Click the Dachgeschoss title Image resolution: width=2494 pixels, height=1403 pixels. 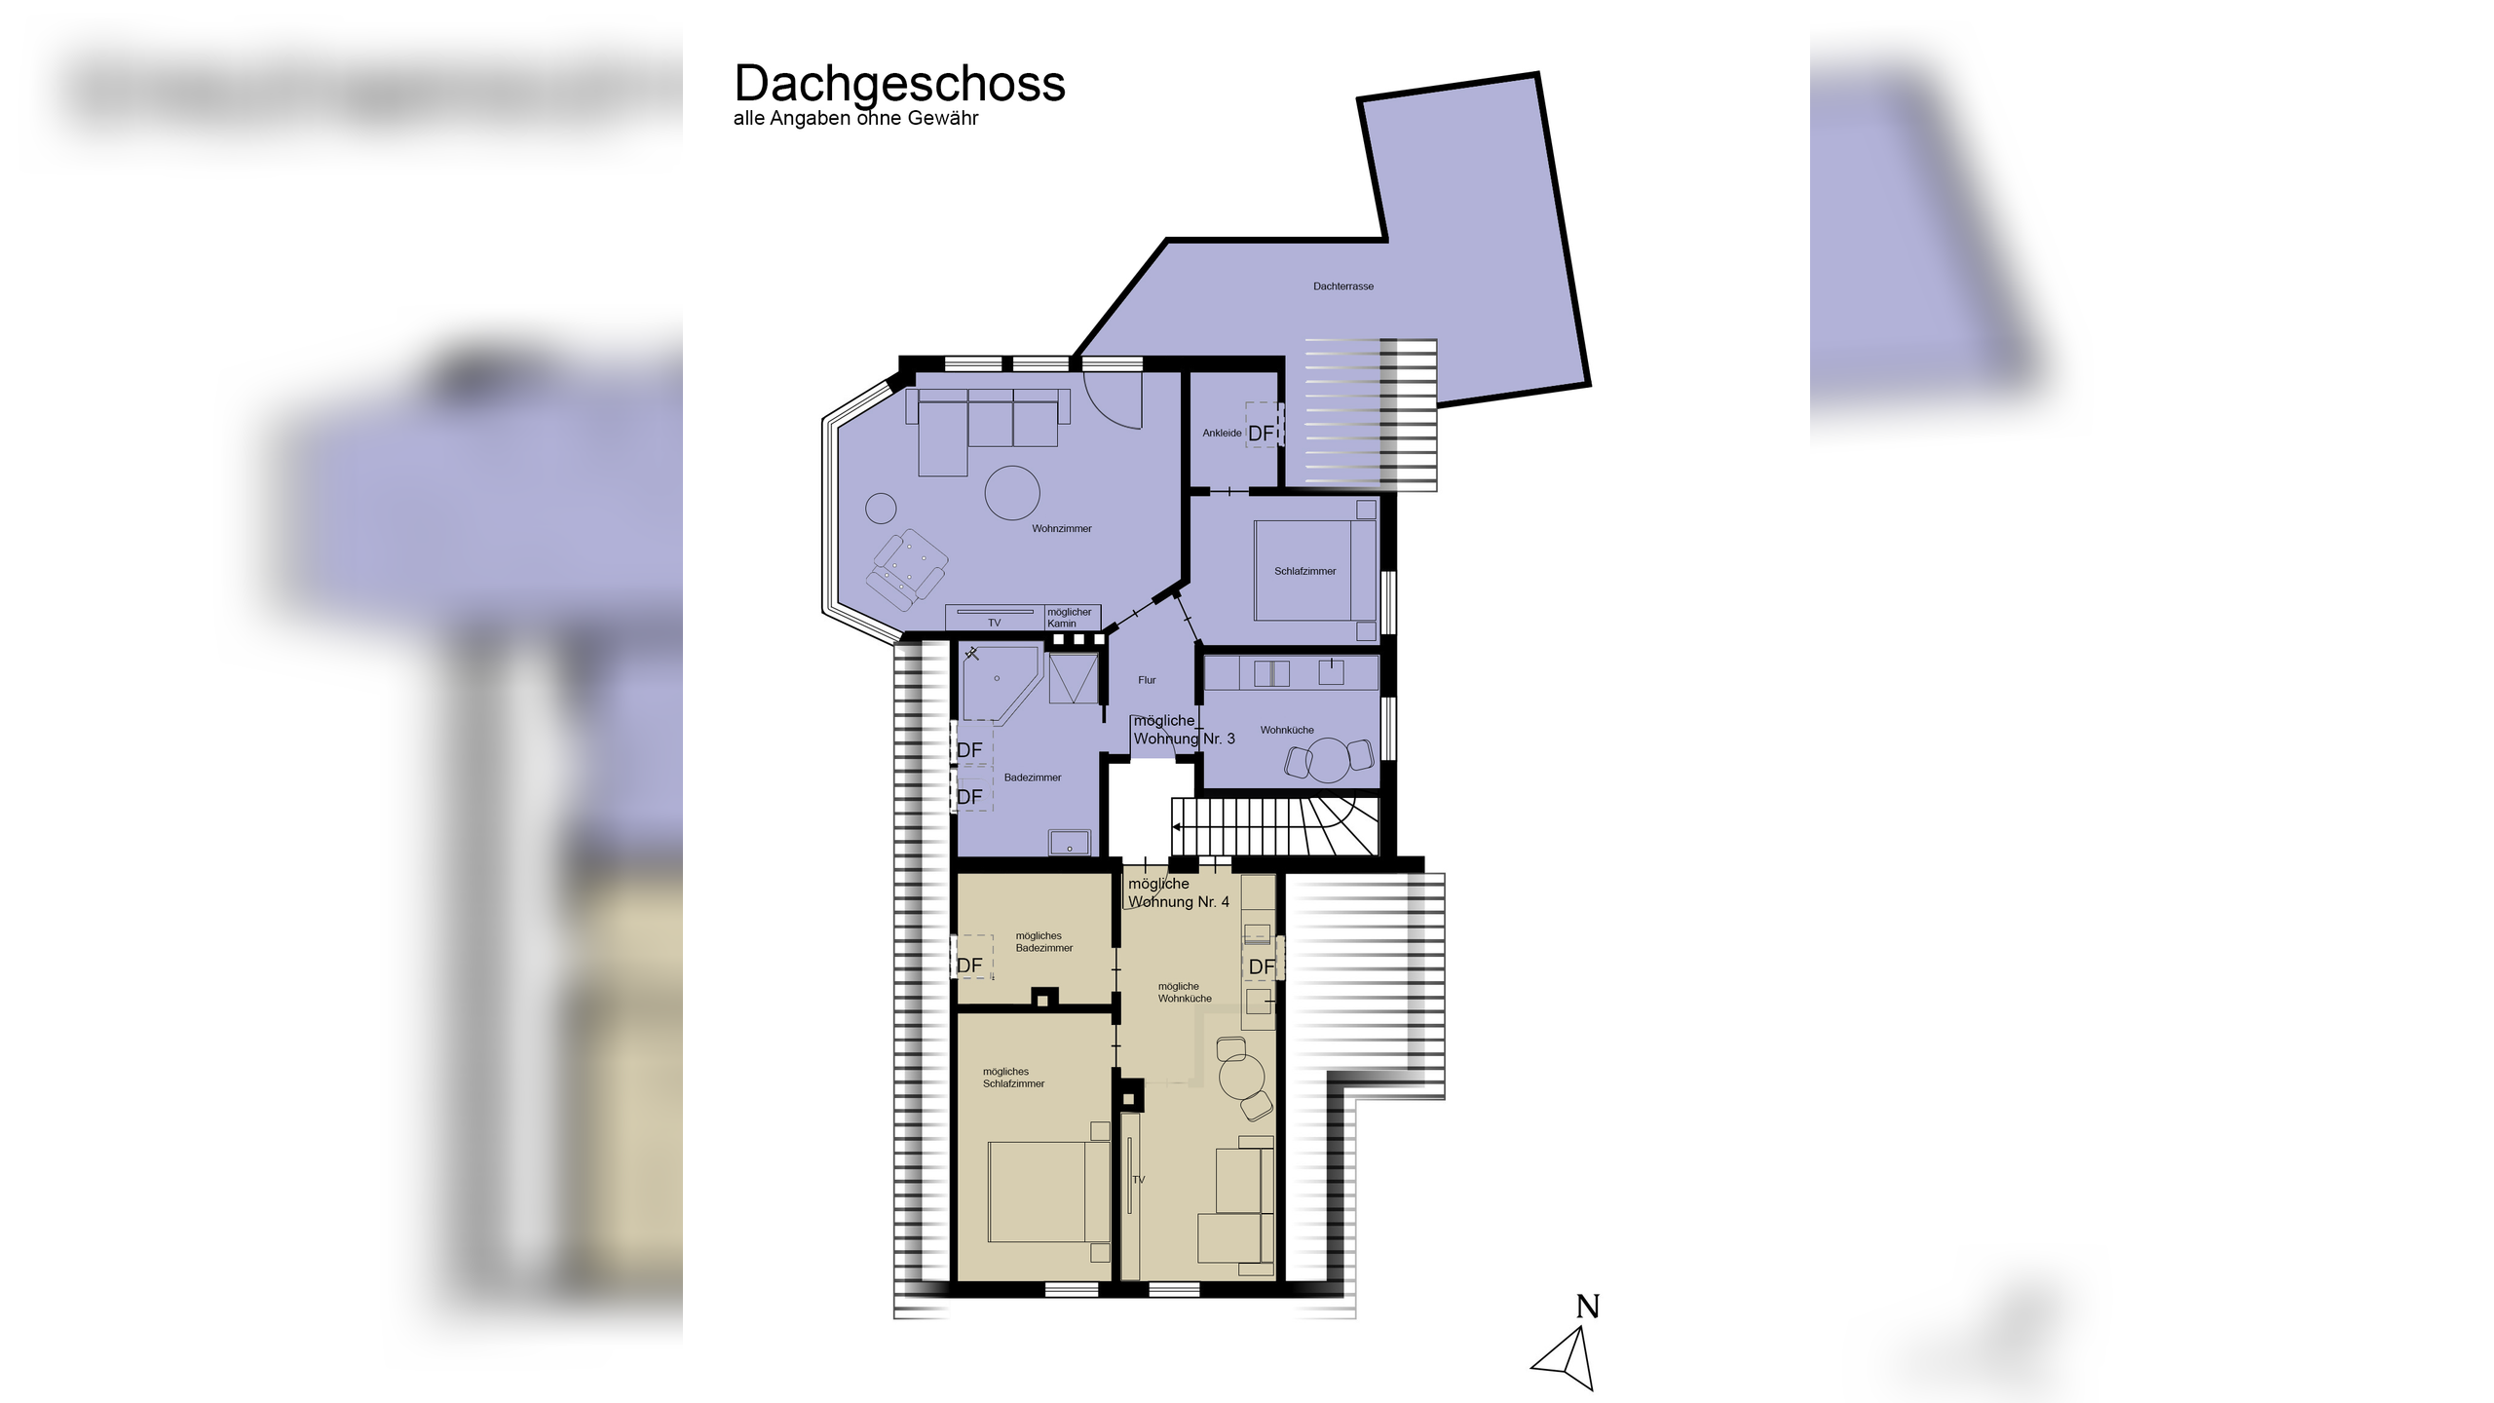899,84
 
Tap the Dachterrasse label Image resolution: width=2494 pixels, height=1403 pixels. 1342,286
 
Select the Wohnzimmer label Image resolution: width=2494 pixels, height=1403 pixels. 1061,529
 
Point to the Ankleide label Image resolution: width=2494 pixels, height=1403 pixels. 1221,433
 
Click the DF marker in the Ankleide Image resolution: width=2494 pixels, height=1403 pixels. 1261,433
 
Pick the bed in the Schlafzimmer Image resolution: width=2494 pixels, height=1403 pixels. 1314,571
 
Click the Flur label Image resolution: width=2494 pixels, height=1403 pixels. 1147,680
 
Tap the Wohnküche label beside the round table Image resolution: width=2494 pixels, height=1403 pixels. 1286,730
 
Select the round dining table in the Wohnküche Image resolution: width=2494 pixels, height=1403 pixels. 1328,760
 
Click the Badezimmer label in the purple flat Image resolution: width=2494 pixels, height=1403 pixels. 1032,777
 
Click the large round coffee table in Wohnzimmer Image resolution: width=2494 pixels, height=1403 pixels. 1012,492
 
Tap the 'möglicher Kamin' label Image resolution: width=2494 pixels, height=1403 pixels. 1069,618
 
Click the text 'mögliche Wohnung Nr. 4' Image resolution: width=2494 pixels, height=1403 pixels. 1178,892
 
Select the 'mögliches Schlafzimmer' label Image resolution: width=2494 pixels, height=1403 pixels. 1012,1078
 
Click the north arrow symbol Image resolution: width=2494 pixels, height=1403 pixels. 1568,1358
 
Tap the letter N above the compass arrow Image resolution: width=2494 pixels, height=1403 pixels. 1588,1307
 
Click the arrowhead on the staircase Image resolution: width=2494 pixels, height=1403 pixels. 1177,827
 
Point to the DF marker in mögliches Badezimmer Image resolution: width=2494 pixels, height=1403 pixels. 969,965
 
